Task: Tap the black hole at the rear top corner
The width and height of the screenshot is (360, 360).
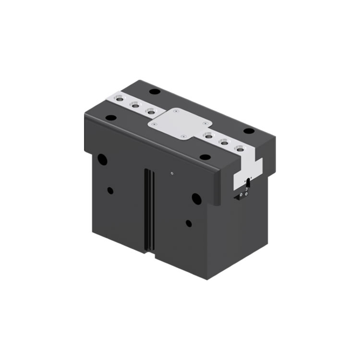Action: (x=154, y=91)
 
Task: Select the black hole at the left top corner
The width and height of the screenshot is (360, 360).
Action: (x=111, y=118)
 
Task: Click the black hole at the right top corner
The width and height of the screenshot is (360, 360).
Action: (x=249, y=131)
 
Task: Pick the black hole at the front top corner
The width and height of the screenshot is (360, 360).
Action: (x=205, y=157)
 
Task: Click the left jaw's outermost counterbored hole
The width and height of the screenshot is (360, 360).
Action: (x=120, y=100)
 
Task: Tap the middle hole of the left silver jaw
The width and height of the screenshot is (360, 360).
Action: (x=135, y=105)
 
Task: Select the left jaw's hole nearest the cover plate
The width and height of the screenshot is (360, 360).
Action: (x=151, y=111)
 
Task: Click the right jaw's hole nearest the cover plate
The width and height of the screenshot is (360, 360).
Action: (x=207, y=135)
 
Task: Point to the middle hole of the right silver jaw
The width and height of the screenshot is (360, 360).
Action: (x=223, y=142)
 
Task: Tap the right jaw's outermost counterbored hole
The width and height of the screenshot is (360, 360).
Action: (x=239, y=148)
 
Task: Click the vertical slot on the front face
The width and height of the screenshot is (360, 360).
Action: (x=149, y=211)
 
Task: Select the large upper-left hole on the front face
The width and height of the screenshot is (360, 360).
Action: (x=102, y=159)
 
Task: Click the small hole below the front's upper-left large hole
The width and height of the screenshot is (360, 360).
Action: (x=110, y=190)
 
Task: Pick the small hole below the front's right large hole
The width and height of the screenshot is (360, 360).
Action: (x=189, y=223)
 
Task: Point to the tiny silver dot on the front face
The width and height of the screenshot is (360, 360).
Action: (x=172, y=173)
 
